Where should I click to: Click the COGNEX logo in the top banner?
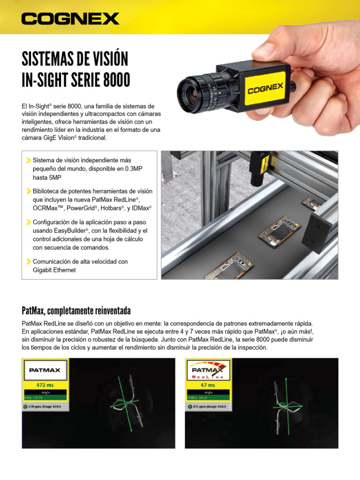[x=70, y=19]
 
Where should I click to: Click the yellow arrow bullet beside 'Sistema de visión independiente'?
[x=29, y=161]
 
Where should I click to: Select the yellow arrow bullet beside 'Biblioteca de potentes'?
[x=29, y=191]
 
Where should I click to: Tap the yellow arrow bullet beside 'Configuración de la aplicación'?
[x=29, y=222]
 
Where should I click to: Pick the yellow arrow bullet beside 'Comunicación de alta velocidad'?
[x=29, y=262]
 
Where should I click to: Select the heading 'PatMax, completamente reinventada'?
[x=76, y=311]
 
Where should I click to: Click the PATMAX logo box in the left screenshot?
[x=45, y=370]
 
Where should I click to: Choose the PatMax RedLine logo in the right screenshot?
[x=208, y=370]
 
